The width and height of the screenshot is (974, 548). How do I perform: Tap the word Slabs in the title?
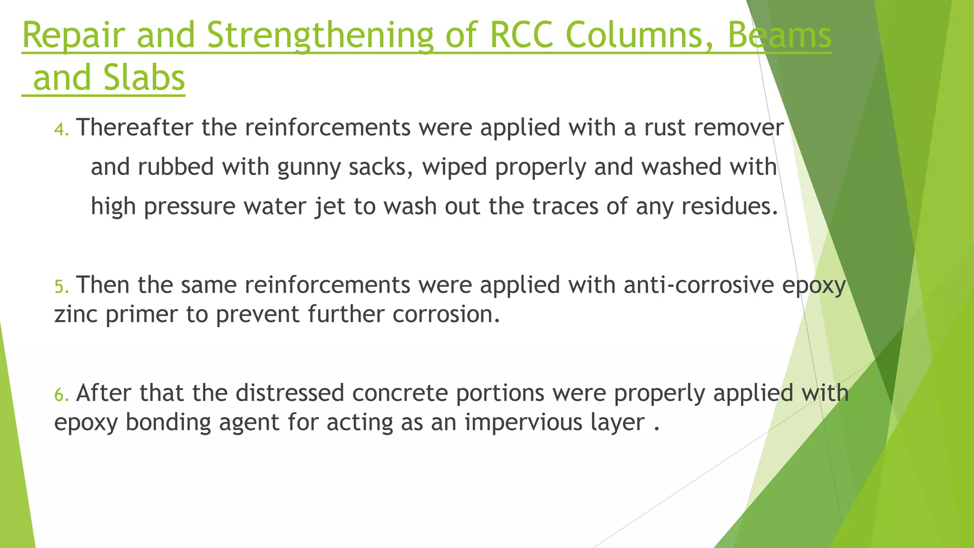point(144,78)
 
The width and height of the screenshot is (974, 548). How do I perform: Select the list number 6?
point(60,395)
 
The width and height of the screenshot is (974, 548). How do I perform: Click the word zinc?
point(76,314)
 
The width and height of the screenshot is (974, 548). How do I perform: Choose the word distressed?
point(290,393)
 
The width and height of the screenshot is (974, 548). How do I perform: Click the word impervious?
point(524,423)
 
